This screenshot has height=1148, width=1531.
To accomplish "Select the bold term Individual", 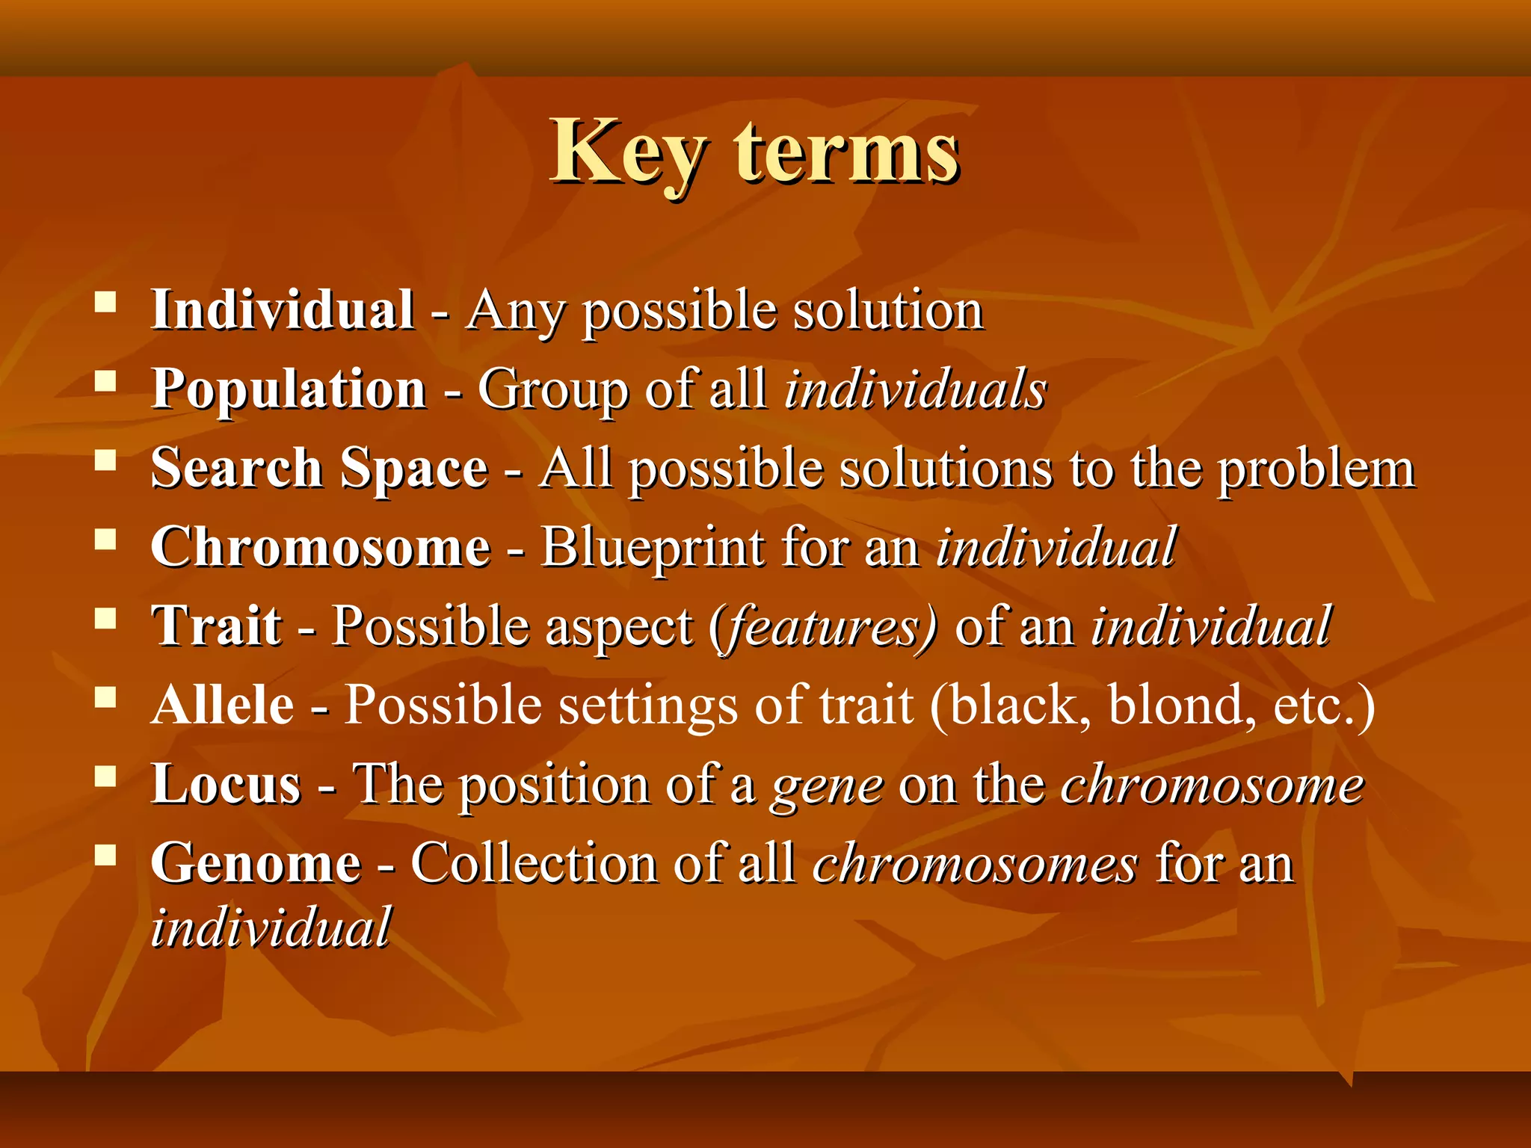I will coord(282,309).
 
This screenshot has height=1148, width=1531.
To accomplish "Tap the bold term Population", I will coord(289,389).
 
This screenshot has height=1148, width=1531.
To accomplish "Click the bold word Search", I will coord(236,468).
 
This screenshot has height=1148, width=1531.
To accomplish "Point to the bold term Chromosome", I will coord(321,547).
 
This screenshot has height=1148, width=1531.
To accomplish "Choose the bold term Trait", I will coord(217,626).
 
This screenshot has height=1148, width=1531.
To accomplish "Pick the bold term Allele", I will coord(223,705).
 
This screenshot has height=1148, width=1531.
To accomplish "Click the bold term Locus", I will coord(226,784).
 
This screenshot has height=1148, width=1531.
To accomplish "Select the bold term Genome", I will coord(256,863).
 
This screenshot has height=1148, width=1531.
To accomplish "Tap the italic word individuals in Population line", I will coord(915,389).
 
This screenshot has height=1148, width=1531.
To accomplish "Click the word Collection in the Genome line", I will coord(534,863).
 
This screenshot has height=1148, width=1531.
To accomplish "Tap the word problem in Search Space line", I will coord(1316,469).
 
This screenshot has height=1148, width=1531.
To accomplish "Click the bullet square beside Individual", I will coord(105,302).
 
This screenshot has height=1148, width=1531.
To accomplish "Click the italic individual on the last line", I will coord(271,928).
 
